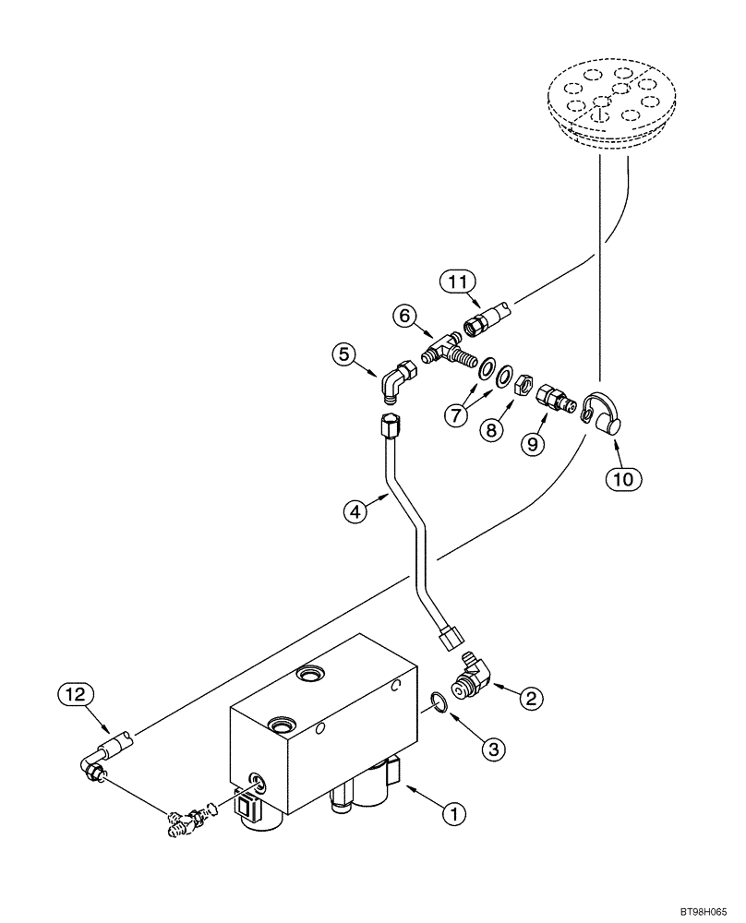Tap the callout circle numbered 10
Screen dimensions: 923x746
pos(622,479)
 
